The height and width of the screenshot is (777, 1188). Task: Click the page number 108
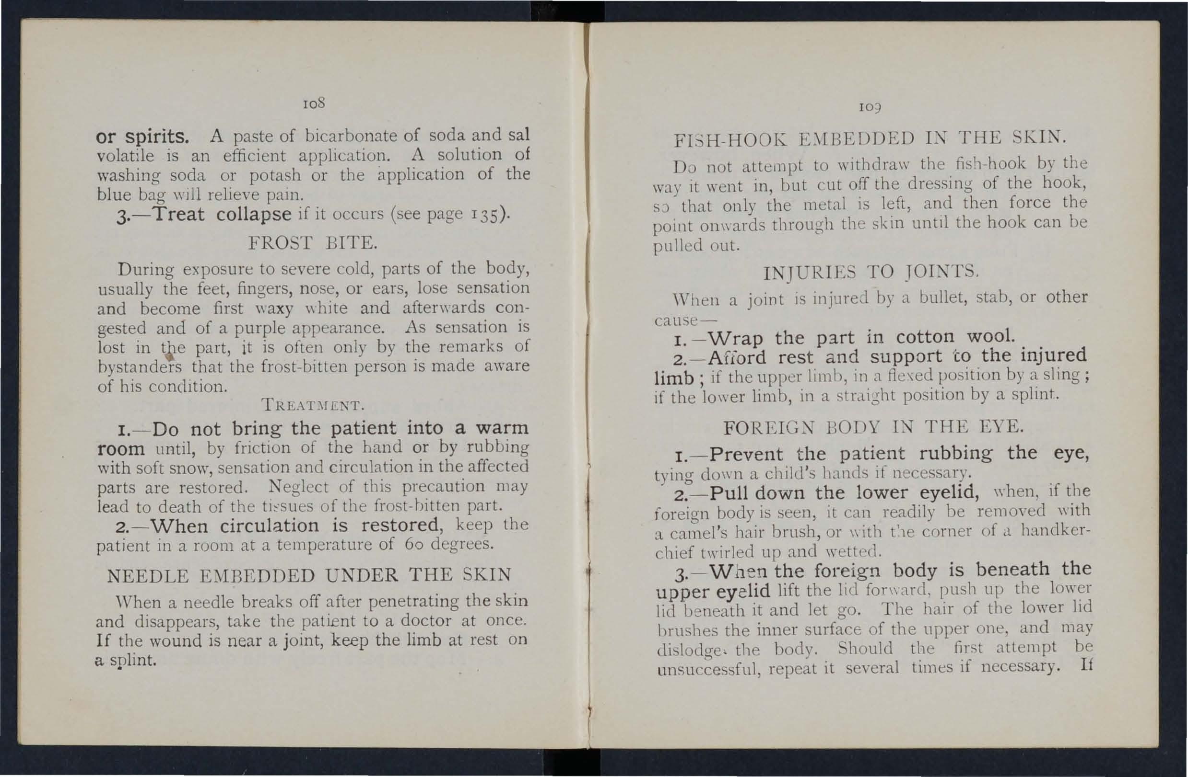coord(314,103)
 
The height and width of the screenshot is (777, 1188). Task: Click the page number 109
coord(870,107)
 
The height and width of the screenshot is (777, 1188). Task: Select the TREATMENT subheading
coord(313,404)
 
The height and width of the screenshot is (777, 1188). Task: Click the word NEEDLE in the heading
coord(148,576)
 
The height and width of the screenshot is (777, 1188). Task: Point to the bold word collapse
coord(254,215)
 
